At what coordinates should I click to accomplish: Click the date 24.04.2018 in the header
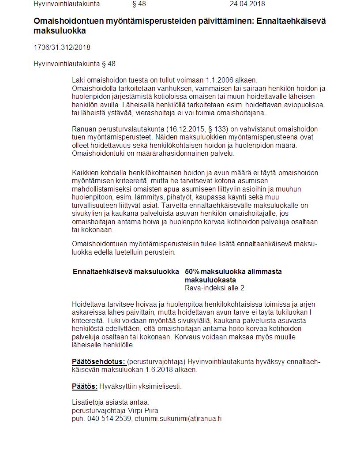(247, 4)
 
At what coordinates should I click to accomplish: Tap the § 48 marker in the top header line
(139, 4)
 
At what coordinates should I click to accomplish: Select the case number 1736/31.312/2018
(62, 47)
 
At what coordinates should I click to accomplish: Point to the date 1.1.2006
(220, 80)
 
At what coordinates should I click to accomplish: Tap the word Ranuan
(83, 129)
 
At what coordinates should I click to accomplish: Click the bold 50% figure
(192, 271)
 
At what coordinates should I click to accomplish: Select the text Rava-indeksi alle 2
(214, 288)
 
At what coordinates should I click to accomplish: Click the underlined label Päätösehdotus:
(99, 362)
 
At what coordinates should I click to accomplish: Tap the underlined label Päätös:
(85, 387)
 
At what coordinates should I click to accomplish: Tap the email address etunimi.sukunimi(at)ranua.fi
(178, 419)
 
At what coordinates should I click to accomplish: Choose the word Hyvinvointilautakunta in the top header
(67, 4)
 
